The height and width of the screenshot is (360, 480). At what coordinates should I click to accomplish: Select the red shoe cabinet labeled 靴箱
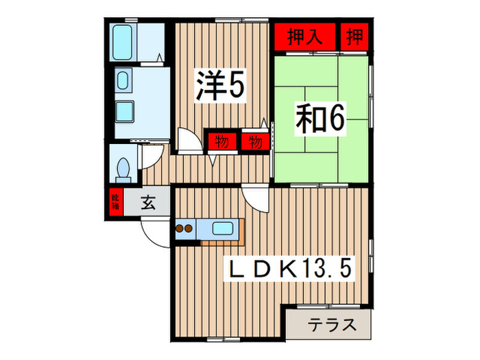[x=115, y=202]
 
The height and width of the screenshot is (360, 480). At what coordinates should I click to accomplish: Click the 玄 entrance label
[x=148, y=202]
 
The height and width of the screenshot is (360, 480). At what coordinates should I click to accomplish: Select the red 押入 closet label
[x=305, y=36]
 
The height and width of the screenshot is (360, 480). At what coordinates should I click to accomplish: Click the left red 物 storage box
[x=221, y=142]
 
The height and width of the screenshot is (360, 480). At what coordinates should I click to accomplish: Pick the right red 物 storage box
[x=254, y=142]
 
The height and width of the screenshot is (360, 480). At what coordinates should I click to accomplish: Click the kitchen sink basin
[x=224, y=229]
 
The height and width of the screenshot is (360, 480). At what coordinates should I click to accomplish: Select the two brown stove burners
[x=186, y=229]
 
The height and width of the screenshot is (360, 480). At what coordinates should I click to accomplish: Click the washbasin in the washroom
[x=123, y=81]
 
